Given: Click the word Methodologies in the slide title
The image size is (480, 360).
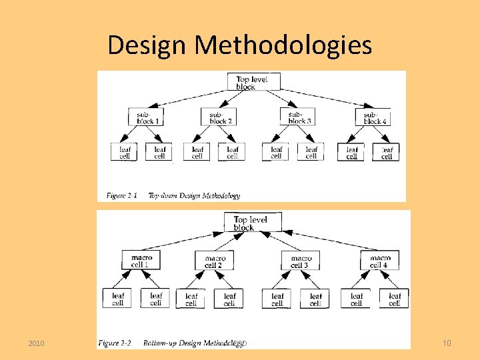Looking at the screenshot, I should [283, 45].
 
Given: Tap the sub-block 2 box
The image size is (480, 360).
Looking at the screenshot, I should [219, 117].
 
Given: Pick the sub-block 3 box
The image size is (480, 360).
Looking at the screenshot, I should [297, 117].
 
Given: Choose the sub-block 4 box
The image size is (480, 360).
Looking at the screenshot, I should [373, 117].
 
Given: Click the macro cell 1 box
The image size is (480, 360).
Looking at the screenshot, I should [141, 261].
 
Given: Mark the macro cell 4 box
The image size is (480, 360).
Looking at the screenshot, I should [380, 261].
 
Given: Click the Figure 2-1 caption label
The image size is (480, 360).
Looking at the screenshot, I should [121, 195].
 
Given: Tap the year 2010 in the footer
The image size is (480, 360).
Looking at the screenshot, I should [37, 343].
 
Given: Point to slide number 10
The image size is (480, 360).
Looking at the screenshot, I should [447, 343].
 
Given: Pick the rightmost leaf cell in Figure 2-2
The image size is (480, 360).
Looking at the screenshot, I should [395, 299].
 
